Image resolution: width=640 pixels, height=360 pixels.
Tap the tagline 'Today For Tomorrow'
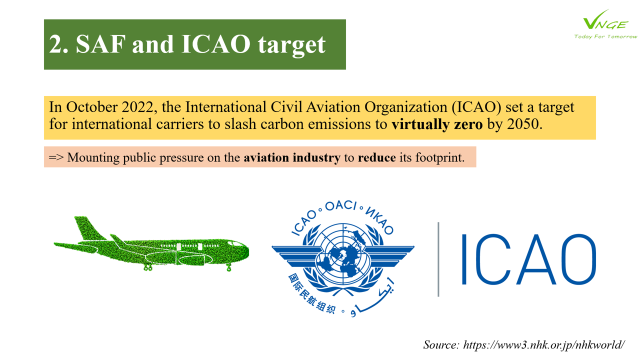pyautogui.click(x=605, y=36)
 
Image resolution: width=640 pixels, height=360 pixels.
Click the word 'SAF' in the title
pyautogui.click(x=101, y=44)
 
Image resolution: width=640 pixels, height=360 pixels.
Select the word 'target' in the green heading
pyautogui.click(x=291, y=45)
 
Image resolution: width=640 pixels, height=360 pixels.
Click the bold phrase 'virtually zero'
pyautogui.click(x=437, y=124)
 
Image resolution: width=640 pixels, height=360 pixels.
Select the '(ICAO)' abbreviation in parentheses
pyautogui.click(x=476, y=107)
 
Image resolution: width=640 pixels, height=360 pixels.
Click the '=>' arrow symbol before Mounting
pyautogui.click(x=56, y=157)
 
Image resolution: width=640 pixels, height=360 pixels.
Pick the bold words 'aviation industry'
pyautogui.click(x=292, y=157)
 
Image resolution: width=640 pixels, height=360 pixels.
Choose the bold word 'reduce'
pyautogui.click(x=377, y=157)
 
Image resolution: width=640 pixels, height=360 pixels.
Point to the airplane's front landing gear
pyautogui.click(x=228, y=267)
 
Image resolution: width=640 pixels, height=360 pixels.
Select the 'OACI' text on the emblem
pyautogui.click(x=341, y=205)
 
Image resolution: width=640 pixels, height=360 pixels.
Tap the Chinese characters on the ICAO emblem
pyautogui.click(x=311, y=294)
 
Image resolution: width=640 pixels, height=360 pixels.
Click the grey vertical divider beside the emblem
pyautogui.click(x=438, y=259)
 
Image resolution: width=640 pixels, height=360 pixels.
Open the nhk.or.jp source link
pyautogui.click(x=543, y=345)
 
